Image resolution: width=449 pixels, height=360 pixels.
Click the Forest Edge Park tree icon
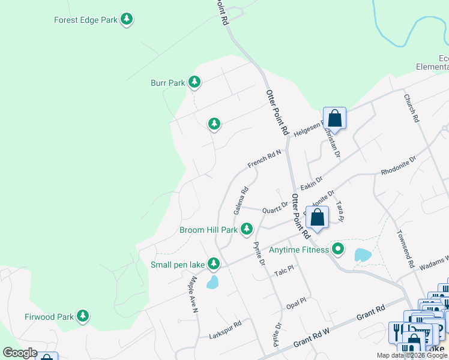click(127, 20)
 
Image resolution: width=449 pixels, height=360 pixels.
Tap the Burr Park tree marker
click(194, 82)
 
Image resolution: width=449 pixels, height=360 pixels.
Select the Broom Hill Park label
click(209, 230)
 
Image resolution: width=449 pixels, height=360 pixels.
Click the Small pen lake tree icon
click(214, 263)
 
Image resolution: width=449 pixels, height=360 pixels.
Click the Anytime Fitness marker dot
click(339, 248)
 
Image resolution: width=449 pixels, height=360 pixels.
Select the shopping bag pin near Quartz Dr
click(318, 218)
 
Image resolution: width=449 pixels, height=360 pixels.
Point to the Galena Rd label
click(241, 201)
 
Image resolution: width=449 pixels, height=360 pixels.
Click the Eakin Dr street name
click(312, 179)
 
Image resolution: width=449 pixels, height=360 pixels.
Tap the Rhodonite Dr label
click(398, 166)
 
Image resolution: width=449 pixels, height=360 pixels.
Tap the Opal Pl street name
click(296, 301)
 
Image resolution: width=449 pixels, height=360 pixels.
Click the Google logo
click(20, 353)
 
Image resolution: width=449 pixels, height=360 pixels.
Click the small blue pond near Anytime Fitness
click(363, 255)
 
